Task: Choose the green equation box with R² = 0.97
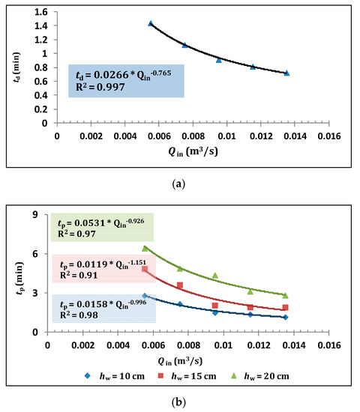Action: pyautogui.click(x=102, y=227)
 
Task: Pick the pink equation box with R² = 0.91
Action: pyautogui.click(x=102, y=269)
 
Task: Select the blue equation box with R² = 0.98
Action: pyautogui.click(x=102, y=307)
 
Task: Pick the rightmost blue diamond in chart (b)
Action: pyautogui.click(x=286, y=317)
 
